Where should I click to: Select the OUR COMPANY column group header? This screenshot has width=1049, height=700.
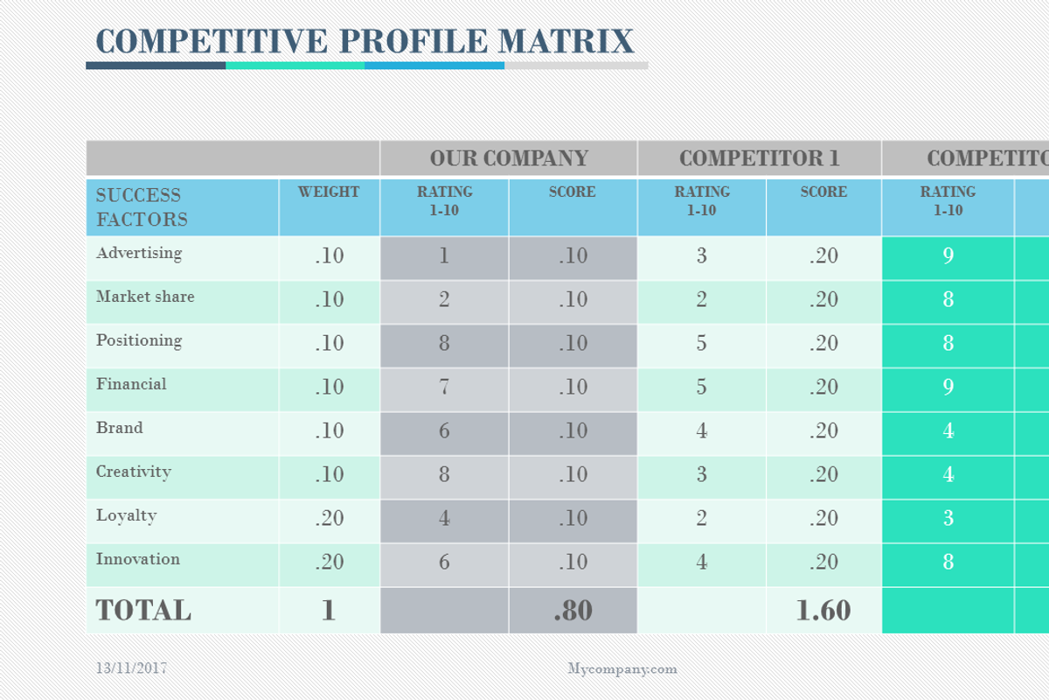pos(509,158)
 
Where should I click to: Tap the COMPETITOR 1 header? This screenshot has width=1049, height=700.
pos(759,158)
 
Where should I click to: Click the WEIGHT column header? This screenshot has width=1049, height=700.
pos(329,192)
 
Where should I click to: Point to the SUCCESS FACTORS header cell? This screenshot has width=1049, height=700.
pos(140,207)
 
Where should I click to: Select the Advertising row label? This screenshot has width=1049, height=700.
pos(139,254)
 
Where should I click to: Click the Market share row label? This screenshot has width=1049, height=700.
pos(145,297)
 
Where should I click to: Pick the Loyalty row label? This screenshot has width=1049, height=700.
pos(127,516)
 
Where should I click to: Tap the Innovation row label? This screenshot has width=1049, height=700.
pos(138,560)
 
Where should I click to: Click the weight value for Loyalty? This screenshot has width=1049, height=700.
pos(329,518)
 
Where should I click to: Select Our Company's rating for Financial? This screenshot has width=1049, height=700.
pos(444,387)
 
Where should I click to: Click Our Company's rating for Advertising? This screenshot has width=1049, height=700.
pos(444,255)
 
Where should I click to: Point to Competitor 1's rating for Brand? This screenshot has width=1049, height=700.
pos(702,430)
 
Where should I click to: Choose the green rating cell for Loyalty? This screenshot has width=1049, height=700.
pos(948,518)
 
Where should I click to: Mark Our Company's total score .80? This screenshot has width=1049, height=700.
pos(573,611)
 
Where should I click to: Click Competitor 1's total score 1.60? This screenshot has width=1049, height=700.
pos(823,611)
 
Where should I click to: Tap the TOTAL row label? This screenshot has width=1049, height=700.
pos(143,611)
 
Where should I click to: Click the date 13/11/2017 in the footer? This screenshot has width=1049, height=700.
pos(131,668)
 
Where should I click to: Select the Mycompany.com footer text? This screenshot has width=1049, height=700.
pos(622,669)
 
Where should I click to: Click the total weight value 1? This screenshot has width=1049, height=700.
pos(329,611)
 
